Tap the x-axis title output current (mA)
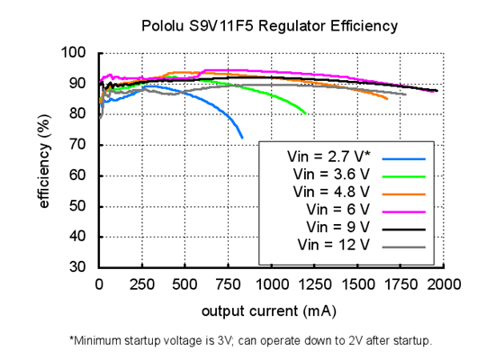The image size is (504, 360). pyautogui.click(x=270, y=310)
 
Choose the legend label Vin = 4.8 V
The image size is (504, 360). pyautogui.click(x=330, y=192)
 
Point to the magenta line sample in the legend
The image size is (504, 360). pyautogui.click(x=403, y=210)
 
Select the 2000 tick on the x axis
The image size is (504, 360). pyautogui.click(x=444, y=284)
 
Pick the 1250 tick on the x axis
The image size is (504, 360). pyautogui.click(x=314, y=284)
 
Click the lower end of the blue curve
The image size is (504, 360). pyautogui.click(x=242, y=137)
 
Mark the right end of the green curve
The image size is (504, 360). pyautogui.click(x=307, y=114)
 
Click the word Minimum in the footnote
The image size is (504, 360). pyautogui.click(x=100, y=341)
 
